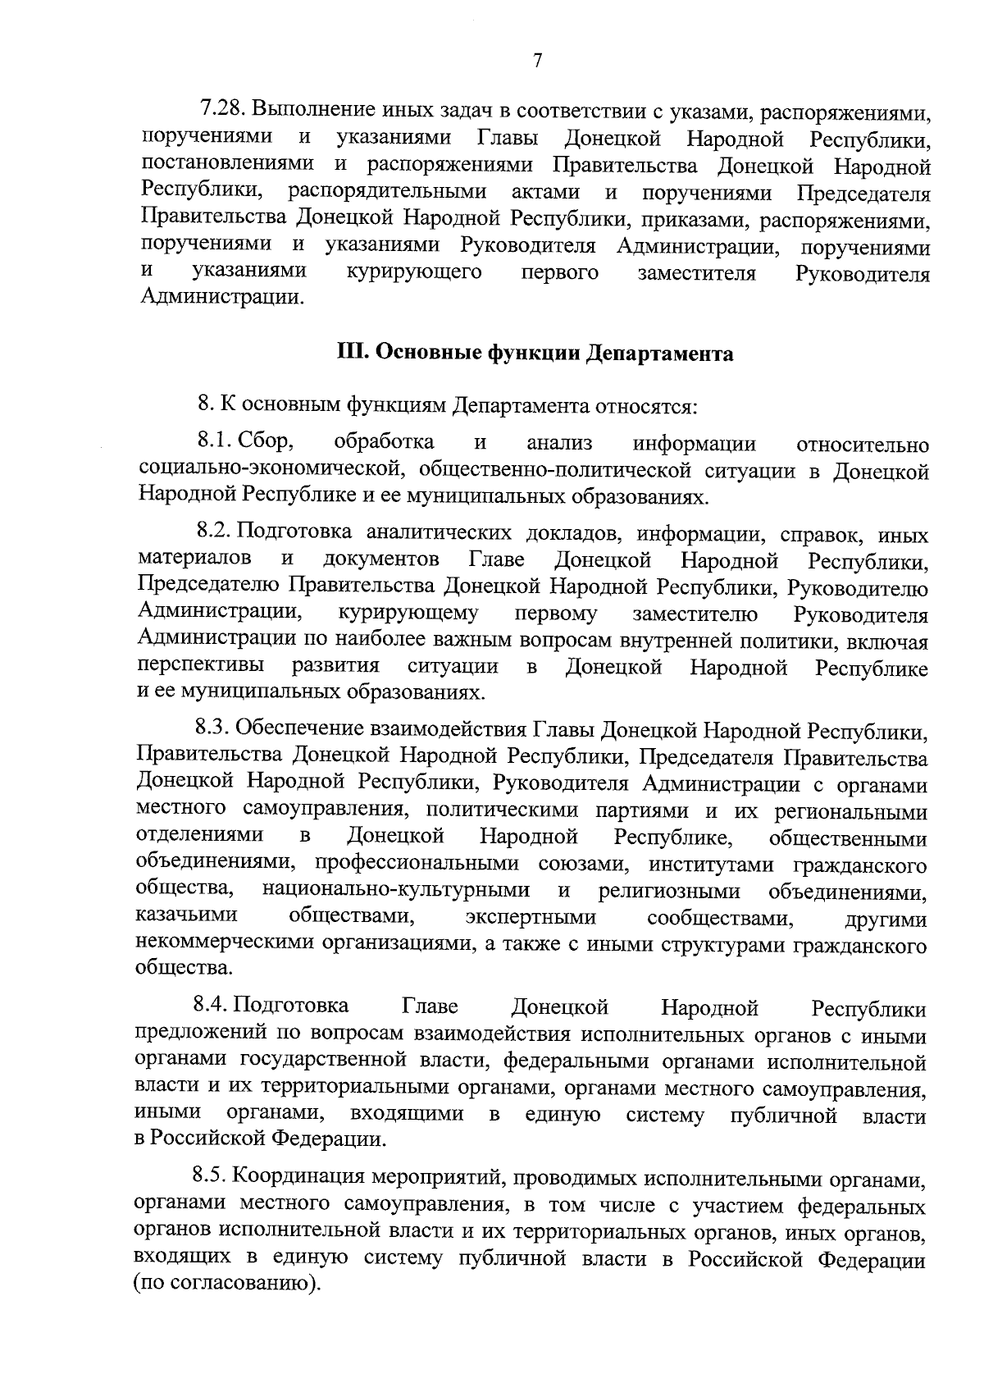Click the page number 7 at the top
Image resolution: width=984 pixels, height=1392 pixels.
pos(537,61)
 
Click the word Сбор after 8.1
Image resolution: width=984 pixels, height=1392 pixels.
pos(266,443)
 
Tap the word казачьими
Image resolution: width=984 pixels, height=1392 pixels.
pos(187,915)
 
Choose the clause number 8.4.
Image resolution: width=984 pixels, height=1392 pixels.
pos(212,1006)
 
